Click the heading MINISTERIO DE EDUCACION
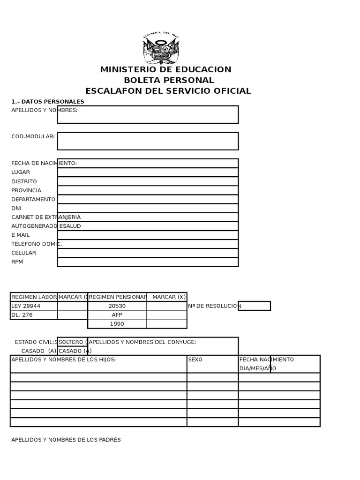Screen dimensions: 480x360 tap(165, 70)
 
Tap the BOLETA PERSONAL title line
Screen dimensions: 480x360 tap(168, 80)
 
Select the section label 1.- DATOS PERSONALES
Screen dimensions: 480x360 tap(48, 102)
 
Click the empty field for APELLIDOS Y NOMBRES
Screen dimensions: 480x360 tap(148, 114)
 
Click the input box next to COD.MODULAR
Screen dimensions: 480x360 tap(148, 141)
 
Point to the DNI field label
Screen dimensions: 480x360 tap(16, 208)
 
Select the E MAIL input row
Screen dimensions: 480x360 tap(148, 235)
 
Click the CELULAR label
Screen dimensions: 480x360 tap(24, 253)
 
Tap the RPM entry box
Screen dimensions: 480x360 tap(148, 262)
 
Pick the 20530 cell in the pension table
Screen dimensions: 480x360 tap(117, 306)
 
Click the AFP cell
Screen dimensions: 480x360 tap(117, 315)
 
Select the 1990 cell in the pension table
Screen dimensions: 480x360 tap(117, 324)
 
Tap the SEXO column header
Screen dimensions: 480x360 tap(195, 360)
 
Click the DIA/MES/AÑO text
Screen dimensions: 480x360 tap(255, 368)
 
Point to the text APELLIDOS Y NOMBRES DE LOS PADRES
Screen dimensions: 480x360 tap(66, 440)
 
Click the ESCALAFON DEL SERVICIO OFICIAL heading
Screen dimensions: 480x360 tap(168, 91)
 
